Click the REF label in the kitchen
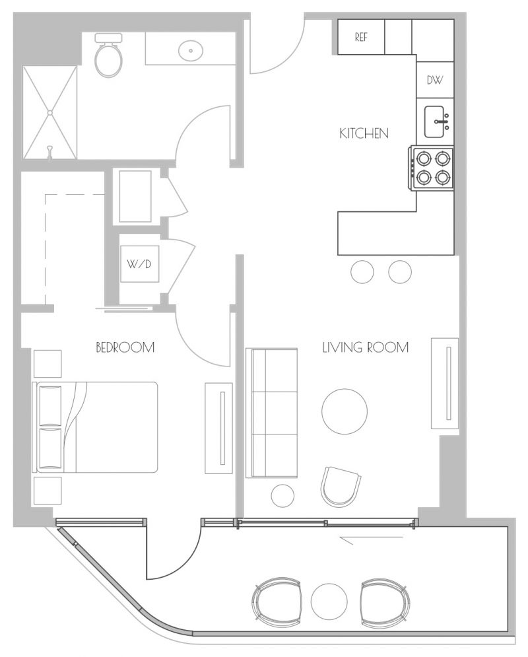point(361,37)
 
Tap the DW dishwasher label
point(435,80)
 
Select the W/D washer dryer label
point(139,264)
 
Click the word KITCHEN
point(364,133)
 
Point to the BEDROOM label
point(125,347)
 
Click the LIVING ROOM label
point(366,347)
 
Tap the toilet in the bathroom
point(109,55)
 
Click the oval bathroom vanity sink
point(191,51)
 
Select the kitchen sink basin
point(435,122)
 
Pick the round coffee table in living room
point(345,411)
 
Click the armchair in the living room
point(341,486)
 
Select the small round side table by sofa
point(282,496)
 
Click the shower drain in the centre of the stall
point(49,112)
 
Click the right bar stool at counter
point(400,271)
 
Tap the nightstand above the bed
point(48,364)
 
